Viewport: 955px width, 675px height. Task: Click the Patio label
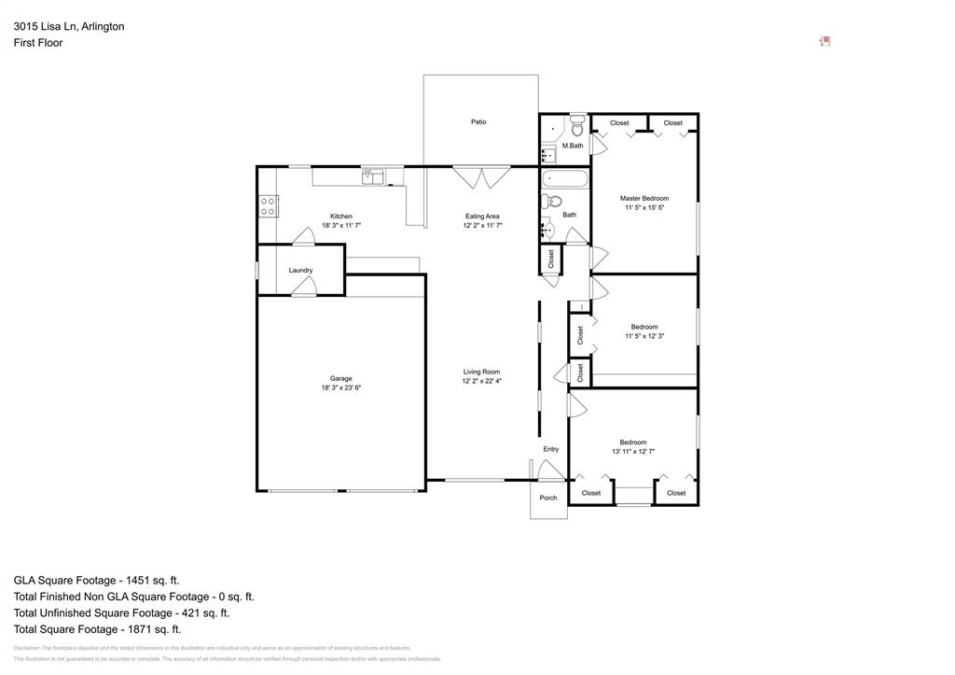pos(478,122)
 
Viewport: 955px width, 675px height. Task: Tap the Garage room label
pos(341,378)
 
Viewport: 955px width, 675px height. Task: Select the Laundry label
pos(300,271)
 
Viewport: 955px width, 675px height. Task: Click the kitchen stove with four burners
pos(268,206)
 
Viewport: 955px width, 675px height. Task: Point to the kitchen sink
pos(374,175)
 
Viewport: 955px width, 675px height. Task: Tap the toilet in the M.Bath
pos(577,125)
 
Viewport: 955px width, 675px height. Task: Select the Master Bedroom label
pos(644,198)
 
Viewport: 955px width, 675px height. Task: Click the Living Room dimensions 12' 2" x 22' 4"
pos(482,382)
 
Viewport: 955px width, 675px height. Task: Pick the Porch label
pos(548,498)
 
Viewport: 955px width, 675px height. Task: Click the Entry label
pos(551,449)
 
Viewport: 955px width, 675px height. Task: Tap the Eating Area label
pos(482,217)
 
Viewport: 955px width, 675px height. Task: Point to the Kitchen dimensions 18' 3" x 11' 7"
pos(341,226)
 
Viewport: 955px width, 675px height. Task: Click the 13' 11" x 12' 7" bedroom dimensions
pos(633,452)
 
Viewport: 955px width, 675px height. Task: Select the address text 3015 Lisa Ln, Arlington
pos(69,27)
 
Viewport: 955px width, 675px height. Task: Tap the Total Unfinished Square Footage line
pos(121,613)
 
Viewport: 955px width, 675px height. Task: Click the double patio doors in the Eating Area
pos(481,176)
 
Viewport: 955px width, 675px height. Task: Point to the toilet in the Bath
pos(553,201)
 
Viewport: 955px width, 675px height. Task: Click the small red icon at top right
pos(825,41)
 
